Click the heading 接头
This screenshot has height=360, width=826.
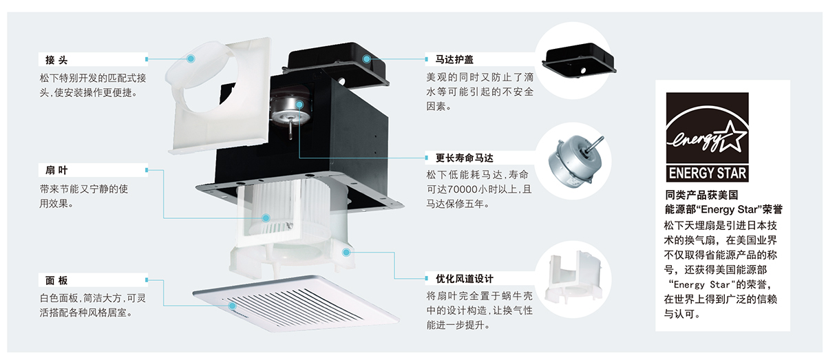pos(56,60)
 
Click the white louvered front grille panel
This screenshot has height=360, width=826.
pos(296,303)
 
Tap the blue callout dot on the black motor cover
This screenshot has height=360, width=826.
pos(368,59)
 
